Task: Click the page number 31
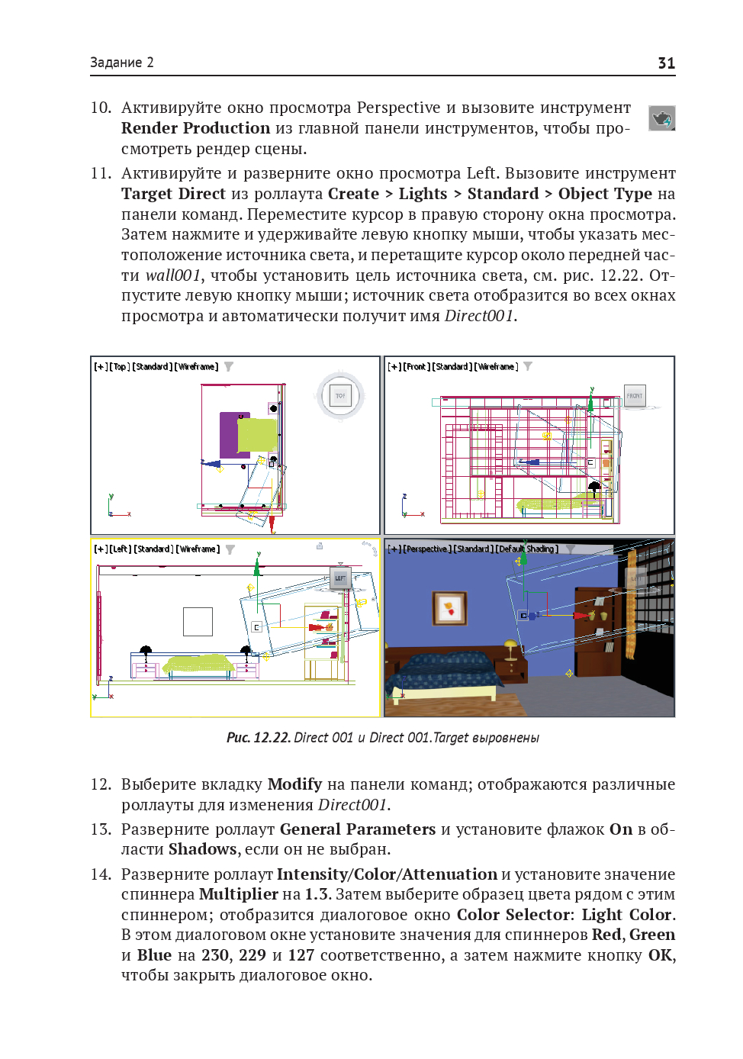pos(666,63)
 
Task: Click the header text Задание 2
pos(122,63)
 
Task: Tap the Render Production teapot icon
pos(661,118)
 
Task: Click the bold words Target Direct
pos(173,194)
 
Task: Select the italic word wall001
pos(173,275)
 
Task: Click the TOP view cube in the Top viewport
pos(340,395)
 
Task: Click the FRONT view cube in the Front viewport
pos(635,395)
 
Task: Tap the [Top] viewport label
pos(120,367)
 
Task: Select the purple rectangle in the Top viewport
pos(228,435)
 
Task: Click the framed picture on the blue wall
pos(449,608)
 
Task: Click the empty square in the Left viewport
pos(198,622)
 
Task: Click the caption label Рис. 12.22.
pos(259,738)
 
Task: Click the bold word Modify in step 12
pos(294,784)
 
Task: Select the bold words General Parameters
pos(357,829)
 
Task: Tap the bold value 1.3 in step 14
pos(317,894)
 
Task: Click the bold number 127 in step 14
pos(301,955)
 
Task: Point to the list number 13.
pos(101,829)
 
